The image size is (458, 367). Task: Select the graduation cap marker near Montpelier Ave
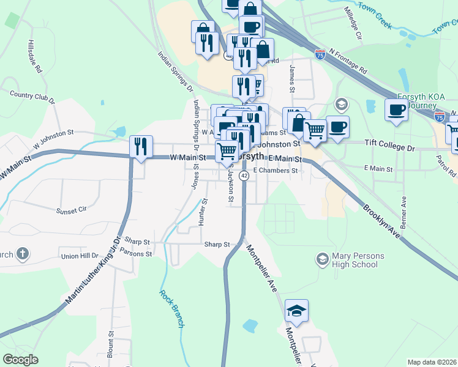[x=297, y=311]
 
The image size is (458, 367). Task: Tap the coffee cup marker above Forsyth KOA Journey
[x=396, y=110]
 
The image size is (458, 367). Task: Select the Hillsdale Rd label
[x=34, y=57]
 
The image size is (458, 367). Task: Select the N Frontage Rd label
[x=347, y=60]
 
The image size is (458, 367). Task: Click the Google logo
[x=20, y=360]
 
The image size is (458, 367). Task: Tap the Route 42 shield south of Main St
[x=244, y=176]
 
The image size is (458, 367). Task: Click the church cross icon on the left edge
[x=22, y=253]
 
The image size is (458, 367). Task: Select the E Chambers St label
[x=275, y=171]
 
